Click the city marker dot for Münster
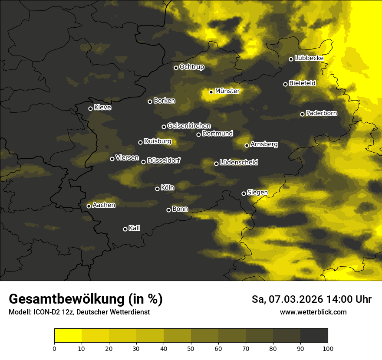tap(211, 92)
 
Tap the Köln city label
tap(167, 188)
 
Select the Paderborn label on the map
tap(321, 113)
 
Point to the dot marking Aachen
tap(89, 206)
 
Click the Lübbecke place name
tap(309, 58)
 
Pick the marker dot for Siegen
tap(244, 193)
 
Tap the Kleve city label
tap(102, 108)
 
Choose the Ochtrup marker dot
tap(176, 68)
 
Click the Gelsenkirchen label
tap(189, 126)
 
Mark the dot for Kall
tap(125, 229)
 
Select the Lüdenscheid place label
tap(239, 163)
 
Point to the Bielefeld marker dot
tap(285, 84)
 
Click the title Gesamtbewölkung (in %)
tap(86, 299)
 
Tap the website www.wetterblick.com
tap(313, 312)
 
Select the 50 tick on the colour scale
tap(191, 348)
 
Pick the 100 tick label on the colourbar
tap(328, 348)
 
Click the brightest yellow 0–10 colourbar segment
tap(68, 336)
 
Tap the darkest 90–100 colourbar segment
tap(314, 336)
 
